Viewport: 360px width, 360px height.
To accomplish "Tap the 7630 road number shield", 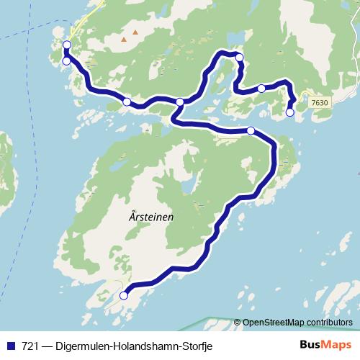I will pos(320,103).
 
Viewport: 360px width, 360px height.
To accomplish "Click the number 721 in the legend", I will pos(30,346).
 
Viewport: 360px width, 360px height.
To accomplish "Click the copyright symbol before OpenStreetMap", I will pos(237,323).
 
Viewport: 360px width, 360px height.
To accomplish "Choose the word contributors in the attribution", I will pos(326,323).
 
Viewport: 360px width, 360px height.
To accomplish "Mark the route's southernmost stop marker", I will pos(123,295).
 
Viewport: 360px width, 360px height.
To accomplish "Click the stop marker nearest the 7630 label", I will pos(290,112).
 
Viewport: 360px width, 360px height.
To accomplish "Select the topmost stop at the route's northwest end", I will pos(67,45).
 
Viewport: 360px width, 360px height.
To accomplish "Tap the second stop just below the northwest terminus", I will pos(67,61).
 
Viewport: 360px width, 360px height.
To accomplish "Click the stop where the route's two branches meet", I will pos(180,102).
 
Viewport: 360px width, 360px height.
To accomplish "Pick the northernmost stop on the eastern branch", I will pos(240,57).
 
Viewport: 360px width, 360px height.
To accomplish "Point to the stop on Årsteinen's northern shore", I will pos(251,130).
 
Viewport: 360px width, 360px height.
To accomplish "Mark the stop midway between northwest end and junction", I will pos(127,102).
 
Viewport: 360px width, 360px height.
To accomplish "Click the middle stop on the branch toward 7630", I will pos(261,89).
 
